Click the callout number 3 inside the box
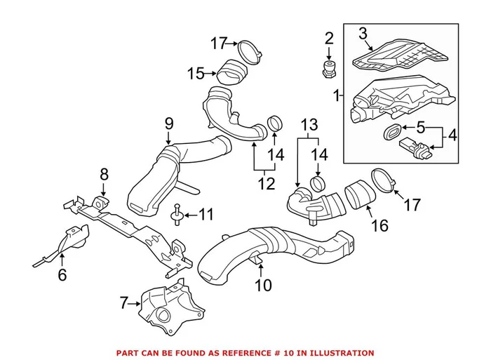[x=363, y=34]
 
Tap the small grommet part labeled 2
[x=327, y=67]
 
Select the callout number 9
[x=168, y=124]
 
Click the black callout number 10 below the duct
[x=263, y=286]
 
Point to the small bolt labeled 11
[x=177, y=215]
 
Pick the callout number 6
[x=62, y=276]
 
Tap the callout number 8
[x=104, y=174]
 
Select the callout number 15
[x=195, y=72]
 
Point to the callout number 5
[x=420, y=128]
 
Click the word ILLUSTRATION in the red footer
[x=340, y=353]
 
